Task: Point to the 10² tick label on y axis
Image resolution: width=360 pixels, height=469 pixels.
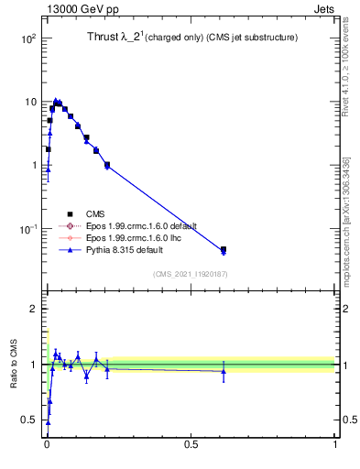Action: [x=27, y=39]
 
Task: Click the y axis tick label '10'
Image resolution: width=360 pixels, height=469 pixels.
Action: [x=29, y=103]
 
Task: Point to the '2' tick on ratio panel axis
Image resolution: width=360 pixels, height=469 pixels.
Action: [x=32, y=309]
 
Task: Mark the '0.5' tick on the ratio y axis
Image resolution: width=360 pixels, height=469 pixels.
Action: [x=28, y=420]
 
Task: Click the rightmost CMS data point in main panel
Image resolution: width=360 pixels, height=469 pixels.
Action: [x=224, y=249]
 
